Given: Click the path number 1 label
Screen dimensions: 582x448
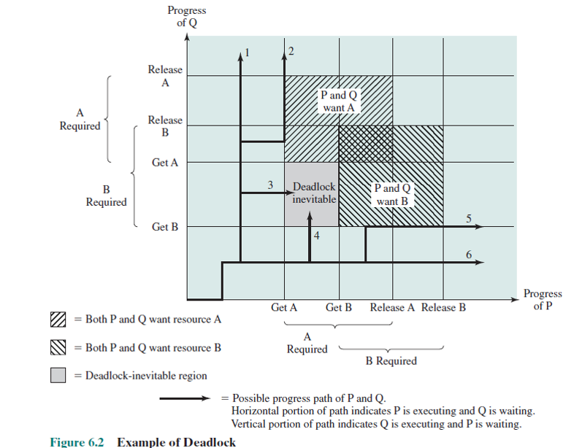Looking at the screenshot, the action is pyautogui.click(x=248, y=53).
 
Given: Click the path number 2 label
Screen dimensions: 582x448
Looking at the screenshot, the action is pyautogui.click(x=291, y=51).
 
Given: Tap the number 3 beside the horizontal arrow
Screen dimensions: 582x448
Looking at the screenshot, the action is pyautogui.click(x=270, y=185).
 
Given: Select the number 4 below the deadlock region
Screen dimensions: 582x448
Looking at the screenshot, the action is pyautogui.click(x=317, y=236).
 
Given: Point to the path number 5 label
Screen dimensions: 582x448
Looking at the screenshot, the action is pyautogui.click(x=469, y=218).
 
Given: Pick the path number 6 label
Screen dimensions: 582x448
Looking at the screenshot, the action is pyautogui.click(x=469, y=255).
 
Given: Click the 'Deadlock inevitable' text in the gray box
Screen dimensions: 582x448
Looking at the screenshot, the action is pyautogui.click(x=314, y=193).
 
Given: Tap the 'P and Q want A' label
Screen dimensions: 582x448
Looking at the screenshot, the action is pyautogui.click(x=339, y=101).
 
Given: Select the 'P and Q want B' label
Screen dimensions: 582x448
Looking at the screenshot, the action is pyautogui.click(x=392, y=195).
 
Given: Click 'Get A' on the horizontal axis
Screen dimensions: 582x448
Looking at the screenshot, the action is pyautogui.click(x=284, y=307).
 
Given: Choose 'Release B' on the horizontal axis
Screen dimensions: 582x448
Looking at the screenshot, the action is pyautogui.click(x=443, y=307).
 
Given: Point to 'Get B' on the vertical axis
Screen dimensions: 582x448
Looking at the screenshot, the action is pyautogui.click(x=165, y=227).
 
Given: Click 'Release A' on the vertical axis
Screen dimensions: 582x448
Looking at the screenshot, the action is pyautogui.click(x=165, y=76).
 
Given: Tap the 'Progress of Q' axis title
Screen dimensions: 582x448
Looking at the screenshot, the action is pyautogui.click(x=187, y=16).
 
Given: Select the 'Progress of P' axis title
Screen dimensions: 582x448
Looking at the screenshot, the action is pyautogui.click(x=543, y=299).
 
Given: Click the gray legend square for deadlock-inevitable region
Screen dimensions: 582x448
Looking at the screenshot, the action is pyautogui.click(x=58, y=375).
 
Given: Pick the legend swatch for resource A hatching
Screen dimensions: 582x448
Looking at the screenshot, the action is pyautogui.click(x=58, y=320).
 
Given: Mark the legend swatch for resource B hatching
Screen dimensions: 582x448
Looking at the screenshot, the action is pyautogui.click(x=58, y=347).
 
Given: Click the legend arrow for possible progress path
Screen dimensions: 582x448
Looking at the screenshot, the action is pyautogui.click(x=185, y=398).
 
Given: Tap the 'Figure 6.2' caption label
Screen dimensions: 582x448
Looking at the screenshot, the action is pyautogui.click(x=77, y=442).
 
